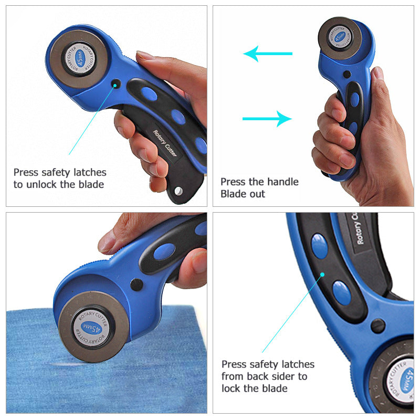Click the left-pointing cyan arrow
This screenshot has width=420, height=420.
(267, 54)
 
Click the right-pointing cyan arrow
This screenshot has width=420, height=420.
(267, 119)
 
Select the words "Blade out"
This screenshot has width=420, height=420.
(243, 194)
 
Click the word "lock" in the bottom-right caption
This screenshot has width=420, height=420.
(231, 388)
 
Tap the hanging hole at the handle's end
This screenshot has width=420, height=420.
(178, 191)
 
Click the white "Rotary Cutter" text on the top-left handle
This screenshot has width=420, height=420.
(165, 143)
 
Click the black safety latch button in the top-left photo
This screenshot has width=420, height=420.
(115, 84)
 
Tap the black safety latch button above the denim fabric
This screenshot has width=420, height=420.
(136, 285)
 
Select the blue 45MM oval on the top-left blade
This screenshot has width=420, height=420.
(80, 58)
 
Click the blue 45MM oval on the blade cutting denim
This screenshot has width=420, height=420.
(92, 327)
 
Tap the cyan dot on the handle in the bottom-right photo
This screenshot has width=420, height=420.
(322, 275)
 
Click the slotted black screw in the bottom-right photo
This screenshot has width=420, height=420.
(378, 325)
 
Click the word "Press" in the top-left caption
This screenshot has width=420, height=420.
(26, 172)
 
